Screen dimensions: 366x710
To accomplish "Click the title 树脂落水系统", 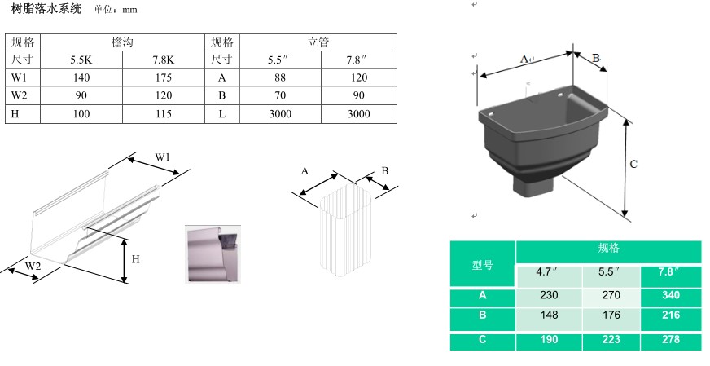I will point(46,8).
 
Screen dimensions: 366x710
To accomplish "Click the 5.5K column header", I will point(81,60).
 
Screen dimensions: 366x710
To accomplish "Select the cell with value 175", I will point(163,77).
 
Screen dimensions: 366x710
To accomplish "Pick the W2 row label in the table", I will point(21,95).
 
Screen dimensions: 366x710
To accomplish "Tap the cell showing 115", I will point(163,113).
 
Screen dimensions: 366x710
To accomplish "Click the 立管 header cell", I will point(318,42).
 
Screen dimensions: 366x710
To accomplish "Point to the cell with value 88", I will point(280,77).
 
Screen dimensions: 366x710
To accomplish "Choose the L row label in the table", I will point(221,113).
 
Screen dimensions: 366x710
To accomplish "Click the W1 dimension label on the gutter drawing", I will point(164,157).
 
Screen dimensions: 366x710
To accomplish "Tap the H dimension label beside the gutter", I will point(136,259).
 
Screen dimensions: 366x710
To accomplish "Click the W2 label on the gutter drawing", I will point(33,266).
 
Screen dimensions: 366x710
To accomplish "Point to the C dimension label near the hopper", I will point(633,164).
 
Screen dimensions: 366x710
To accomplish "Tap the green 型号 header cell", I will point(482,265).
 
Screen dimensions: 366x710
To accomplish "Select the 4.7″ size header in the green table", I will point(549,271).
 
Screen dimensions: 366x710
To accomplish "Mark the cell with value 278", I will point(670,339).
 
